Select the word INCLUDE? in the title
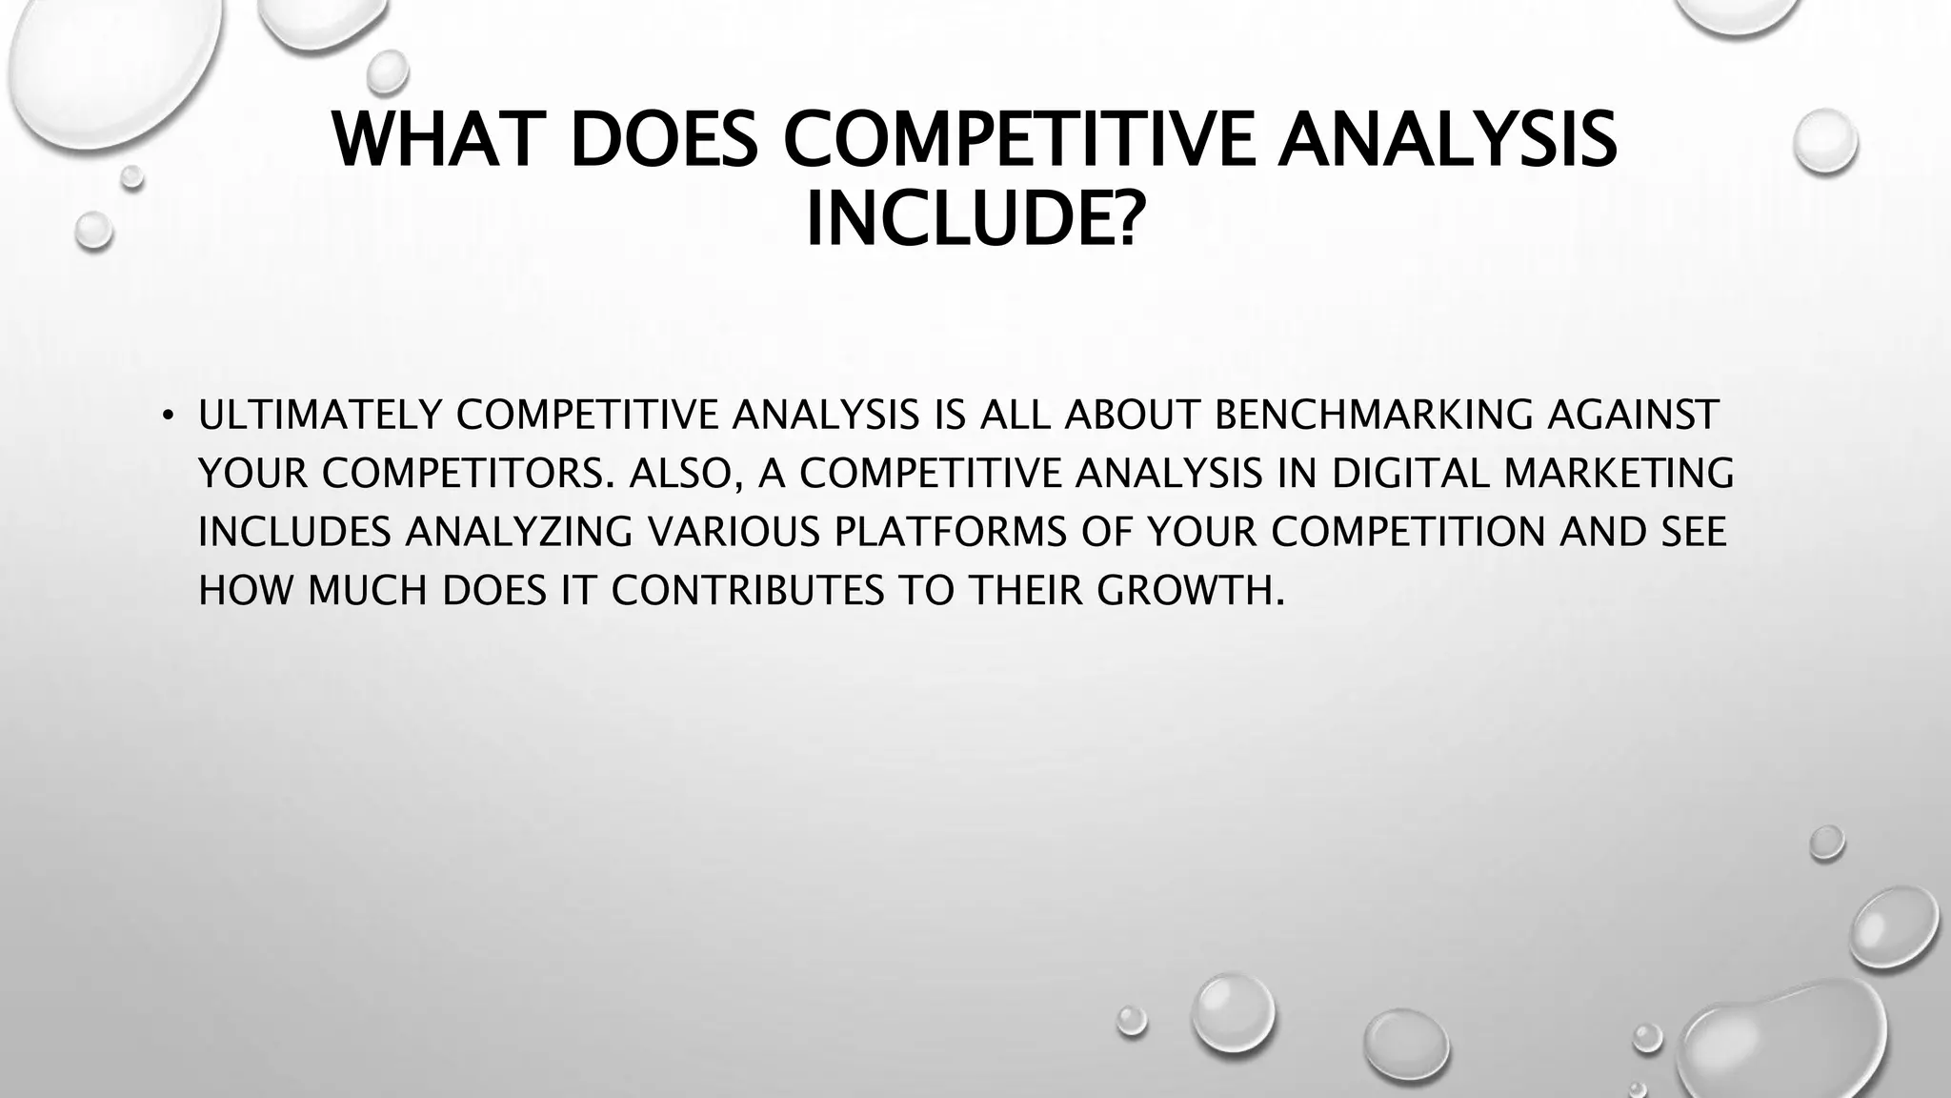[x=972, y=220]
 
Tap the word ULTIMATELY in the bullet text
[x=319, y=415]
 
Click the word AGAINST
[x=1633, y=415]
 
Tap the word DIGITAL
[x=1409, y=474]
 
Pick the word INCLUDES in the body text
[x=294, y=533]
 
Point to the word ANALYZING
[x=518, y=533]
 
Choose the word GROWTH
[x=1190, y=592]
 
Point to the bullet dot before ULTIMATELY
[x=168, y=416]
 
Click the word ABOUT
[x=1133, y=415]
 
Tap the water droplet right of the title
[x=1825, y=141]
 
